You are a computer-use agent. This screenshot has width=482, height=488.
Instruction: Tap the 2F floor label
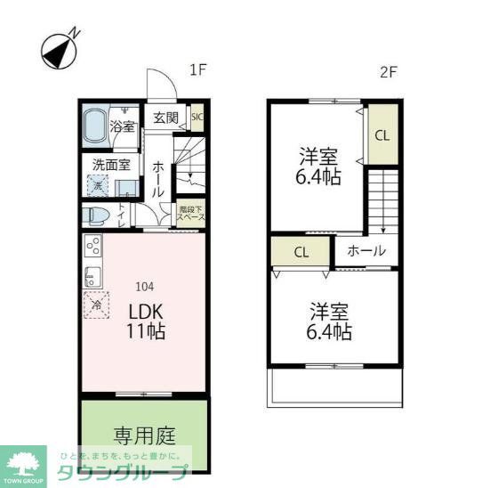[x=388, y=73]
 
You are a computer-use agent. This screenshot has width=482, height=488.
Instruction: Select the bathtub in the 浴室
[x=95, y=126]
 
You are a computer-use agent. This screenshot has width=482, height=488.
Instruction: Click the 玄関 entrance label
[x=165, y=118]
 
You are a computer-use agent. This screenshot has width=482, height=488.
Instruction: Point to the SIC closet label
[x=197, y=116]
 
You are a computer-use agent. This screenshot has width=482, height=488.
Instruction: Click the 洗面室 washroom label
[x=111, y=164]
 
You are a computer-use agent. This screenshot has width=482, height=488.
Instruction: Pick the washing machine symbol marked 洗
[x=95, y=186]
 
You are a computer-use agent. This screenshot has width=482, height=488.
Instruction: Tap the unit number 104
[x=145, y=287]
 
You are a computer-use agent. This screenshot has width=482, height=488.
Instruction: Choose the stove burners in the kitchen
[x=92, y=246]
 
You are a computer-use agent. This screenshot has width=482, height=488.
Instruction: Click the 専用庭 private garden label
[x=143, y=435]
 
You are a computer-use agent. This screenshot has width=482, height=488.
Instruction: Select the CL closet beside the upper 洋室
[x=381, y=136]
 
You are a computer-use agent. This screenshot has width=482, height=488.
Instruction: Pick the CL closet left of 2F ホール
[x=301, y=251]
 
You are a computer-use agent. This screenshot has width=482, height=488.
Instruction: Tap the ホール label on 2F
[x=366, y=251]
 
